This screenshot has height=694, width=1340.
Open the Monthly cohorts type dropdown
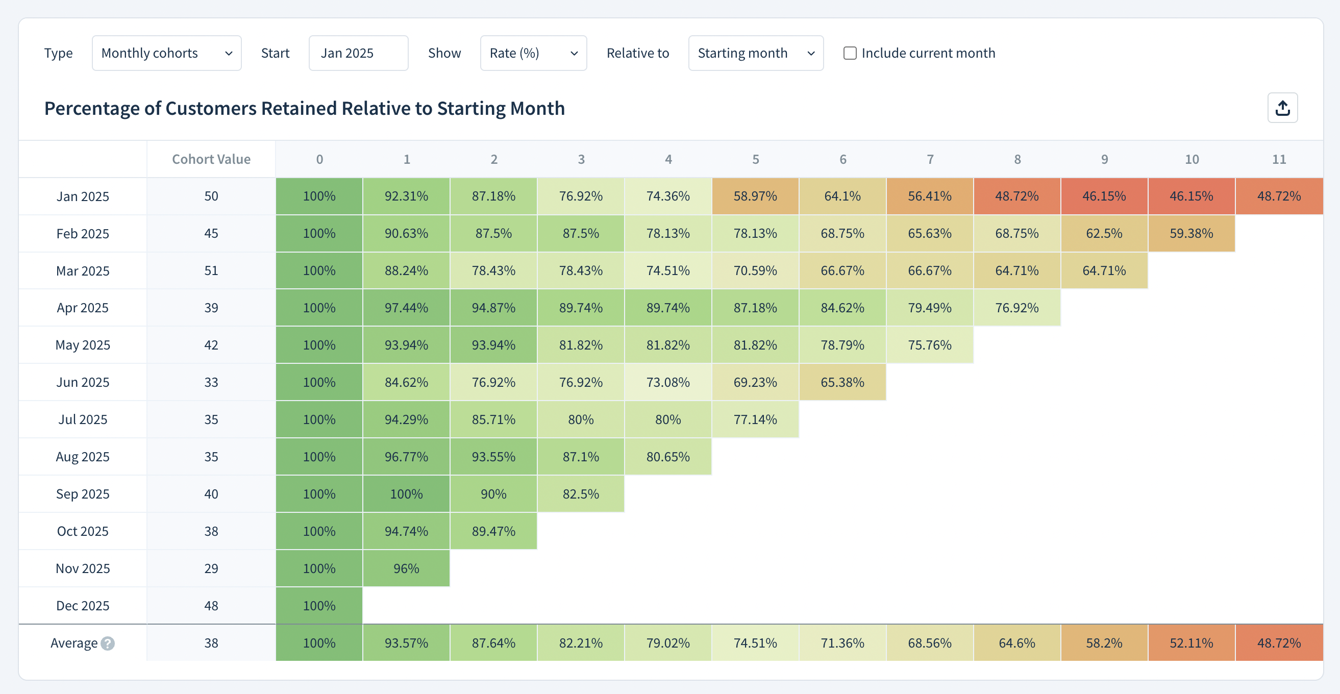click(166, 53)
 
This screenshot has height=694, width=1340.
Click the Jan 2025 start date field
click(358, 53)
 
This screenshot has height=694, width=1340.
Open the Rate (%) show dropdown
click(533, 53)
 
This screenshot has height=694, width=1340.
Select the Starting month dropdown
click(755, 53)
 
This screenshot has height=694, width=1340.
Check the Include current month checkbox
click(850, 53)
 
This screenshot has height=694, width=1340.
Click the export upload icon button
click(1282, 108)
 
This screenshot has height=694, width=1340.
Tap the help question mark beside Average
click(108, 643)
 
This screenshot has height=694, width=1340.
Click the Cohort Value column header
click(211, 159)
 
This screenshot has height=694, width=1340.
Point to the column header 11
click(1279, 159)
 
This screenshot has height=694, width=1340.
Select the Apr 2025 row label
click(83, 308)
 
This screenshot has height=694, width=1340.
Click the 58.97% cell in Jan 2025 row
click(755, 196)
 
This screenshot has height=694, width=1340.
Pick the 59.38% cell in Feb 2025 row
click(1191, 234)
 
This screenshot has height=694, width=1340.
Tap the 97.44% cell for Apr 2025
click(406, 308)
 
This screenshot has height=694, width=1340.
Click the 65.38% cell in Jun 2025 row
click(842, 382)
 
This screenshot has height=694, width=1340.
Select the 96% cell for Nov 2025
click(406, 568)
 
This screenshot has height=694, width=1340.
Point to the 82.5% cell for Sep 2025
click(581, 494)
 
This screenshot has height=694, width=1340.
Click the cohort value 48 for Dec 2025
click(211, 606)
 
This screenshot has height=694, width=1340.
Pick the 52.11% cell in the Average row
click(1191, 643)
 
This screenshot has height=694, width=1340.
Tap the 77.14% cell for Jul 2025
click(755, 420)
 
